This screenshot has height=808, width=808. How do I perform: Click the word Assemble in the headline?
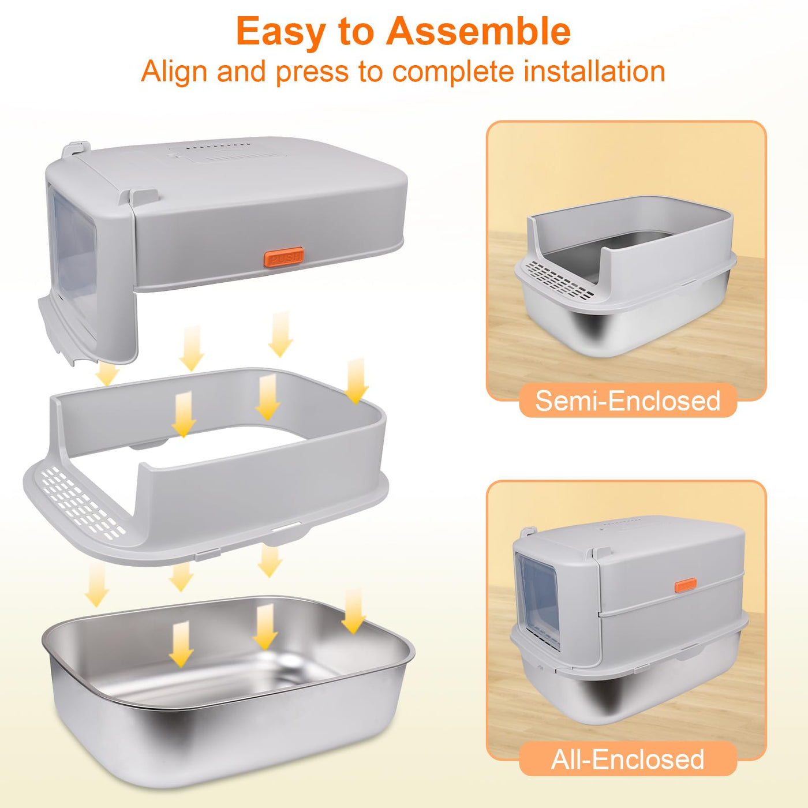tap(478, 31)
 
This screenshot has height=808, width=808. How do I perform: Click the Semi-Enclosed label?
tap(628, 401)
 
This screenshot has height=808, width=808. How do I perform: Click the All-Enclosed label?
tap(628, 760)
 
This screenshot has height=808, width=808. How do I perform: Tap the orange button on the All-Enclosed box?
tap(686, 585)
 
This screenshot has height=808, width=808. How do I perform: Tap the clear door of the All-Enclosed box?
tap(537, 600)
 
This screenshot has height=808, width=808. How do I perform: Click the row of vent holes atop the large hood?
tap(215, 148)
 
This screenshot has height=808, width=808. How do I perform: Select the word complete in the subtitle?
tap(453, 73)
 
